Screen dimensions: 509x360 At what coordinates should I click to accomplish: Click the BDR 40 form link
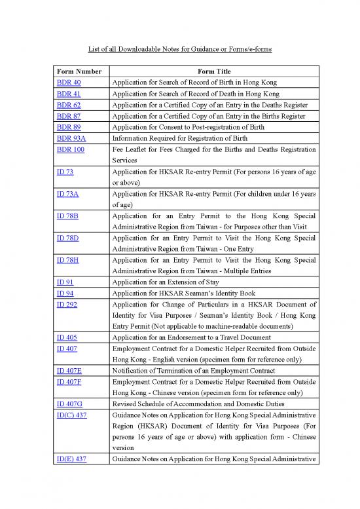click(x=68, y=83)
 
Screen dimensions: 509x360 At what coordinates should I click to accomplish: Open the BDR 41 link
click(x=68, y=94)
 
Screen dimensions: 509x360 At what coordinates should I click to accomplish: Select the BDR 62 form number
click(x=68, y=105)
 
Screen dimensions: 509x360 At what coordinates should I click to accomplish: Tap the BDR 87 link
click(x=68, y=116)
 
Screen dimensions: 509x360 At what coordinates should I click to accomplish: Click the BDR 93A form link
click(x=71, y=138)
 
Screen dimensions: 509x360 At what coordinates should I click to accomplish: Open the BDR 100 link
click(x=70, y=149)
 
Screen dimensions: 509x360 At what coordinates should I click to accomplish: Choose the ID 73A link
click(x=67, y=193)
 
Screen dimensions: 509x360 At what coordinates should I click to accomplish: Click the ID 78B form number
click(x=67, y=216)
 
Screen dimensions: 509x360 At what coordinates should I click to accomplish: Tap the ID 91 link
click(x=64, y=282)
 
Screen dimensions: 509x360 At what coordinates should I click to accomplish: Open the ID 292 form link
click(x=66, y=305)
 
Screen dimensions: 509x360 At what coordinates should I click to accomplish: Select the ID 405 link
click(x=66, y=337)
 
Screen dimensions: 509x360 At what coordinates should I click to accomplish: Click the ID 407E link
click(x=69, y=371)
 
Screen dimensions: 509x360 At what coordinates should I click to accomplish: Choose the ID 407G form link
click(x=69, y=404)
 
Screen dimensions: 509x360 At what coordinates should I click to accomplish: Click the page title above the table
click(x=180, y=49)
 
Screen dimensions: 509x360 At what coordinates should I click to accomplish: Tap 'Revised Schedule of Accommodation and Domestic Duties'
click(x=201, y=404)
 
